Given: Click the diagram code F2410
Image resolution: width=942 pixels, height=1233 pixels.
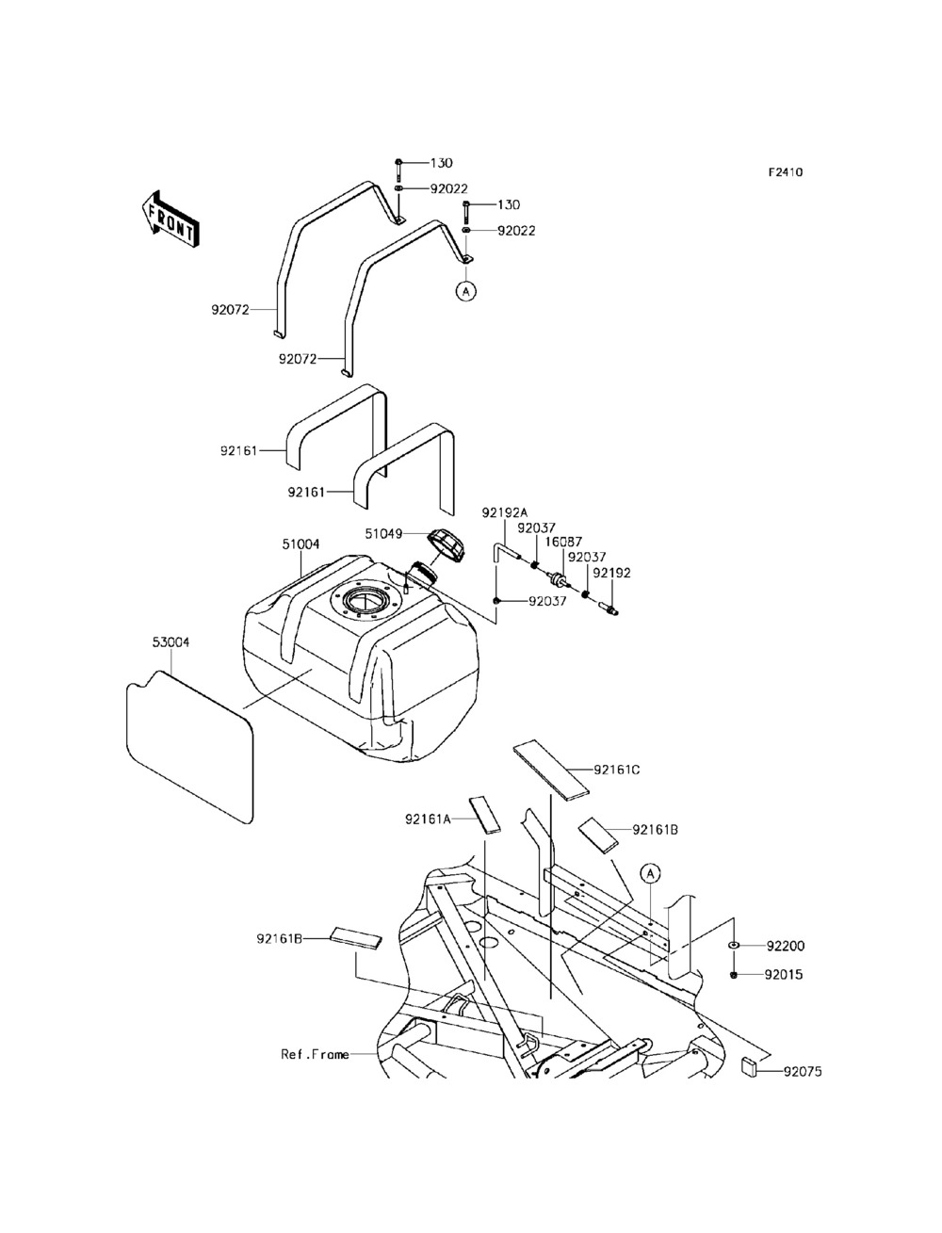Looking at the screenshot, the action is (786, 172).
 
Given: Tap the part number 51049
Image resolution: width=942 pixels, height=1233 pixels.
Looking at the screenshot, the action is (384, 534).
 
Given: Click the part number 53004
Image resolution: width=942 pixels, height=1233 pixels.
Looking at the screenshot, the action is (171, 642).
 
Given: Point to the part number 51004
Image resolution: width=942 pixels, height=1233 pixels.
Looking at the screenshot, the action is (300, 543).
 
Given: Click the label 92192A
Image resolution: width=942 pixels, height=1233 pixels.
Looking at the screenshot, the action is (504, 512).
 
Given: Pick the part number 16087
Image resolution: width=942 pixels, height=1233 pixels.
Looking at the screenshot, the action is (563, 542).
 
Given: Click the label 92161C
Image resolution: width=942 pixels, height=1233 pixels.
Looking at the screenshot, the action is (617, 771).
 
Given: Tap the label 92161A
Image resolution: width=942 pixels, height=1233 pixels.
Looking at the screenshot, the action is (428, 819).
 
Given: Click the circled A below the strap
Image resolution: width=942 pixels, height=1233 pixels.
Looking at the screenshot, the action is (465, 292).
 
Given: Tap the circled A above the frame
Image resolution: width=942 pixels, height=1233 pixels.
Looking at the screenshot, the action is (650, 873).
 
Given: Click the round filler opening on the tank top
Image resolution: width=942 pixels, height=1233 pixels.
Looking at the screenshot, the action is (365, 601).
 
